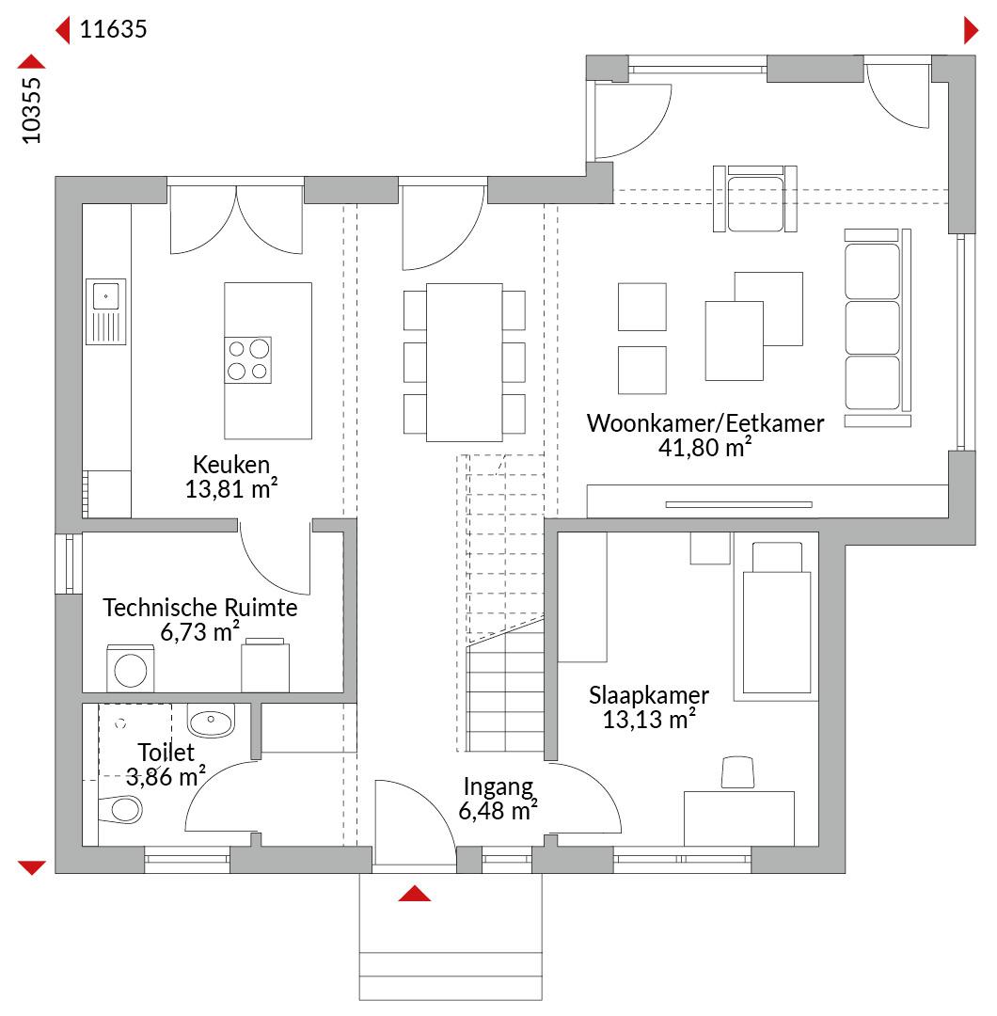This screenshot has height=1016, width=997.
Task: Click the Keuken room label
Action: (x=231, y=465)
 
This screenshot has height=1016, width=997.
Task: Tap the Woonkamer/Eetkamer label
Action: (x=705, y=423)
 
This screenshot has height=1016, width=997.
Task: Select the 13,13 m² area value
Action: (x=649, y=720)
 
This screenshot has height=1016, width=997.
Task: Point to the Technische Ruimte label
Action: (x=200, y=608)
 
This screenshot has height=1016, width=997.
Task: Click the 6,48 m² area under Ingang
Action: (x=498, y=811)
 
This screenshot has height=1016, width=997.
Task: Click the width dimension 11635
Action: (x=114, y=29)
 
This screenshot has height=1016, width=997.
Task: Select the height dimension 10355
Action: (x=31, y=111)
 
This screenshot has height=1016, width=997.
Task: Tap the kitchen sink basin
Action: (x=106, y=296)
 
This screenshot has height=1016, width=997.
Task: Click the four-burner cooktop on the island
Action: (x=248, y=360)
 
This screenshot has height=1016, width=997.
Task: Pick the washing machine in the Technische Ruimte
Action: (x=130, y=669)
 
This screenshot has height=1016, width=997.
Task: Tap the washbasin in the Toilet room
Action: (x=211, y=720)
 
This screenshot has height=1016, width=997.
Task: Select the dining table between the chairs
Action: (x=464, y=363)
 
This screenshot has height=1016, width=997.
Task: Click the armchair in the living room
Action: (x=755, y=198)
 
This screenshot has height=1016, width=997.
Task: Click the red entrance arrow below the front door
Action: (x=415, y=894)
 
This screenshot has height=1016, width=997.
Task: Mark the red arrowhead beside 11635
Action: (x=63, y=30)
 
